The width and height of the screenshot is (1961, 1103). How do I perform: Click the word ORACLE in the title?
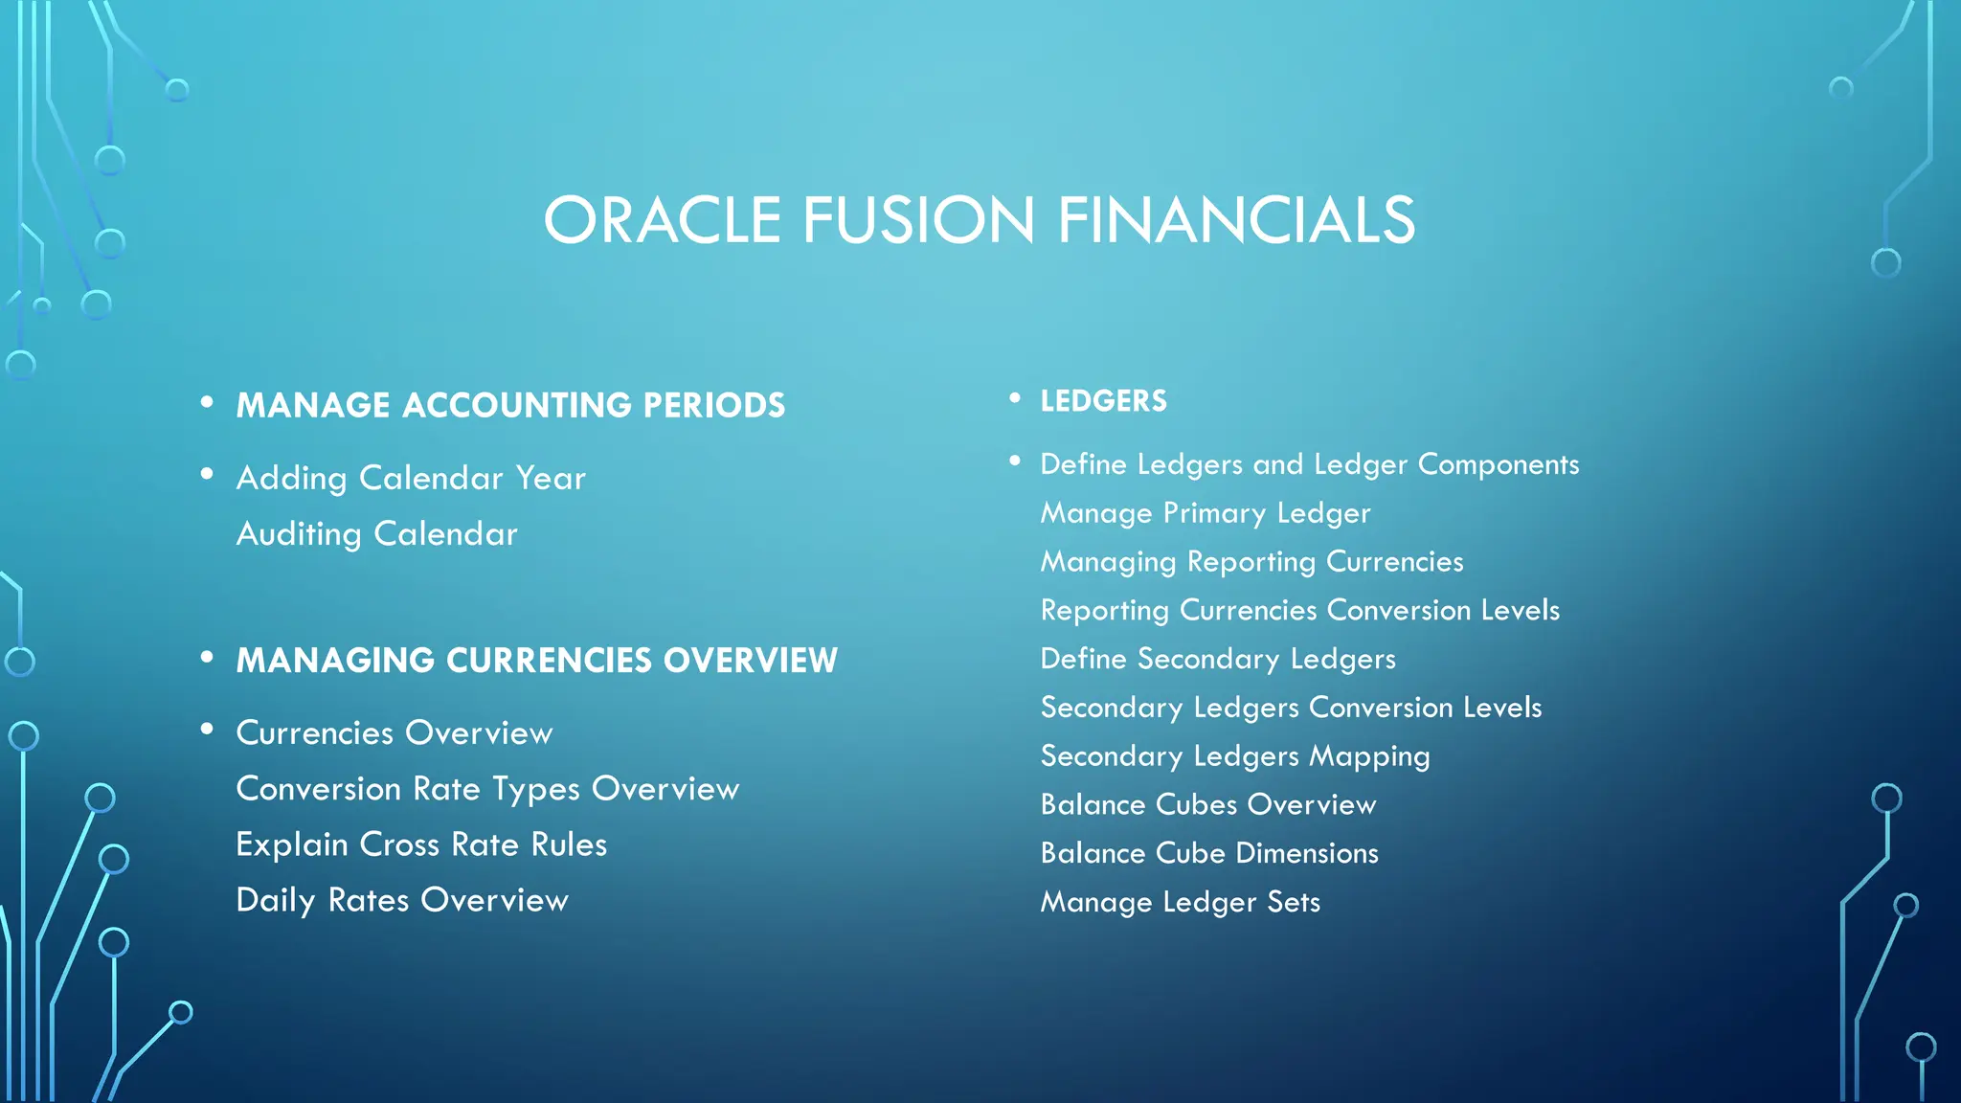[663, 220]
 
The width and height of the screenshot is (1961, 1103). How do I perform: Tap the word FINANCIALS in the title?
[1236, 220]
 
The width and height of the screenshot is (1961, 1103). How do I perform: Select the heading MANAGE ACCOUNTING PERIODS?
[510, 405]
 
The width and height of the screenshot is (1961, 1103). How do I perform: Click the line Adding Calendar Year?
[411, 478]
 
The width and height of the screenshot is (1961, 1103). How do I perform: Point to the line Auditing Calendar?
[376, 533]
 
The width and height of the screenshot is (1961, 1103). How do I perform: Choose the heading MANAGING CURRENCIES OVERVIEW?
[536, 660]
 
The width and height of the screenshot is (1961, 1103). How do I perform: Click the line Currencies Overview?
[394, 732]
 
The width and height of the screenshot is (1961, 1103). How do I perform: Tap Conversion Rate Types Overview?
[487, 789]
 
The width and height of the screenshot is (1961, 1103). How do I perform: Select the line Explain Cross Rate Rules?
[421, 844]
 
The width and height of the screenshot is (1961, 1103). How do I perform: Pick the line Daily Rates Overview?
[402, 900]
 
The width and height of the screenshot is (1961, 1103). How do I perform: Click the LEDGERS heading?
[1103, 401]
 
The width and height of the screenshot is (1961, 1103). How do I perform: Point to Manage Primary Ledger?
[1206, 513]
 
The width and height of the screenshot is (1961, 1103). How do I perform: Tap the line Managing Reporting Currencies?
[1251, 562]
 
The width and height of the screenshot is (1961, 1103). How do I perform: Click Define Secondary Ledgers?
[1218, 659]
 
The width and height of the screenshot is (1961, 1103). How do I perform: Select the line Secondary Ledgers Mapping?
[1235, 756]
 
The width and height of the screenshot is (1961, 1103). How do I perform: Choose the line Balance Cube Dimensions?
[1209, 853]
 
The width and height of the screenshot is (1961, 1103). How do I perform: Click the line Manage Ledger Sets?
[1180, 902]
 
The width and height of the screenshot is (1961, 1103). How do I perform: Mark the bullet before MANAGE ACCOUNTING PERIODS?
[207, 402]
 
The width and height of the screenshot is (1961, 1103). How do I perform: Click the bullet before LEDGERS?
[1015, 398]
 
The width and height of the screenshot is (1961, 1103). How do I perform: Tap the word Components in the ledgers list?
[1498, 464]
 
